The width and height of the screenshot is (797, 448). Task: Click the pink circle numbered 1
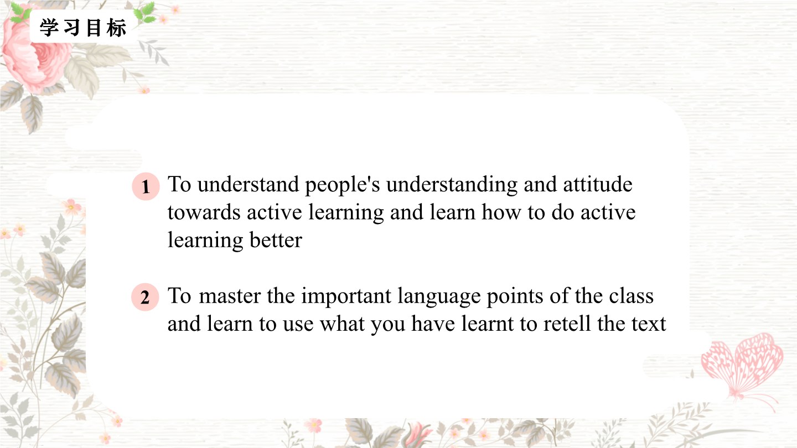tap(146, 186)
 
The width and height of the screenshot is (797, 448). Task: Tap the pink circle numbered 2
tap(145, 297)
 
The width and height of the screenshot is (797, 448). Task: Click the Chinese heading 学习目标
tap(83, 28)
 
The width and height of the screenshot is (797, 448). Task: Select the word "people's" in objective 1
tap(342, 185)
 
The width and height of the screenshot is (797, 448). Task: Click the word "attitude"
tap(597, 184)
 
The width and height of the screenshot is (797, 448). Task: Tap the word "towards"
tap(204, 212)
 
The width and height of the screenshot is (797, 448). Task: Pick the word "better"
tap(276, 240)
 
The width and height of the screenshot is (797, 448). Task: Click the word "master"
tap(230, 296)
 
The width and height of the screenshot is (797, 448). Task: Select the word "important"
tap(346, 296)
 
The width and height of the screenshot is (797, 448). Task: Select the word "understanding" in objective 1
tap(452, 185)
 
